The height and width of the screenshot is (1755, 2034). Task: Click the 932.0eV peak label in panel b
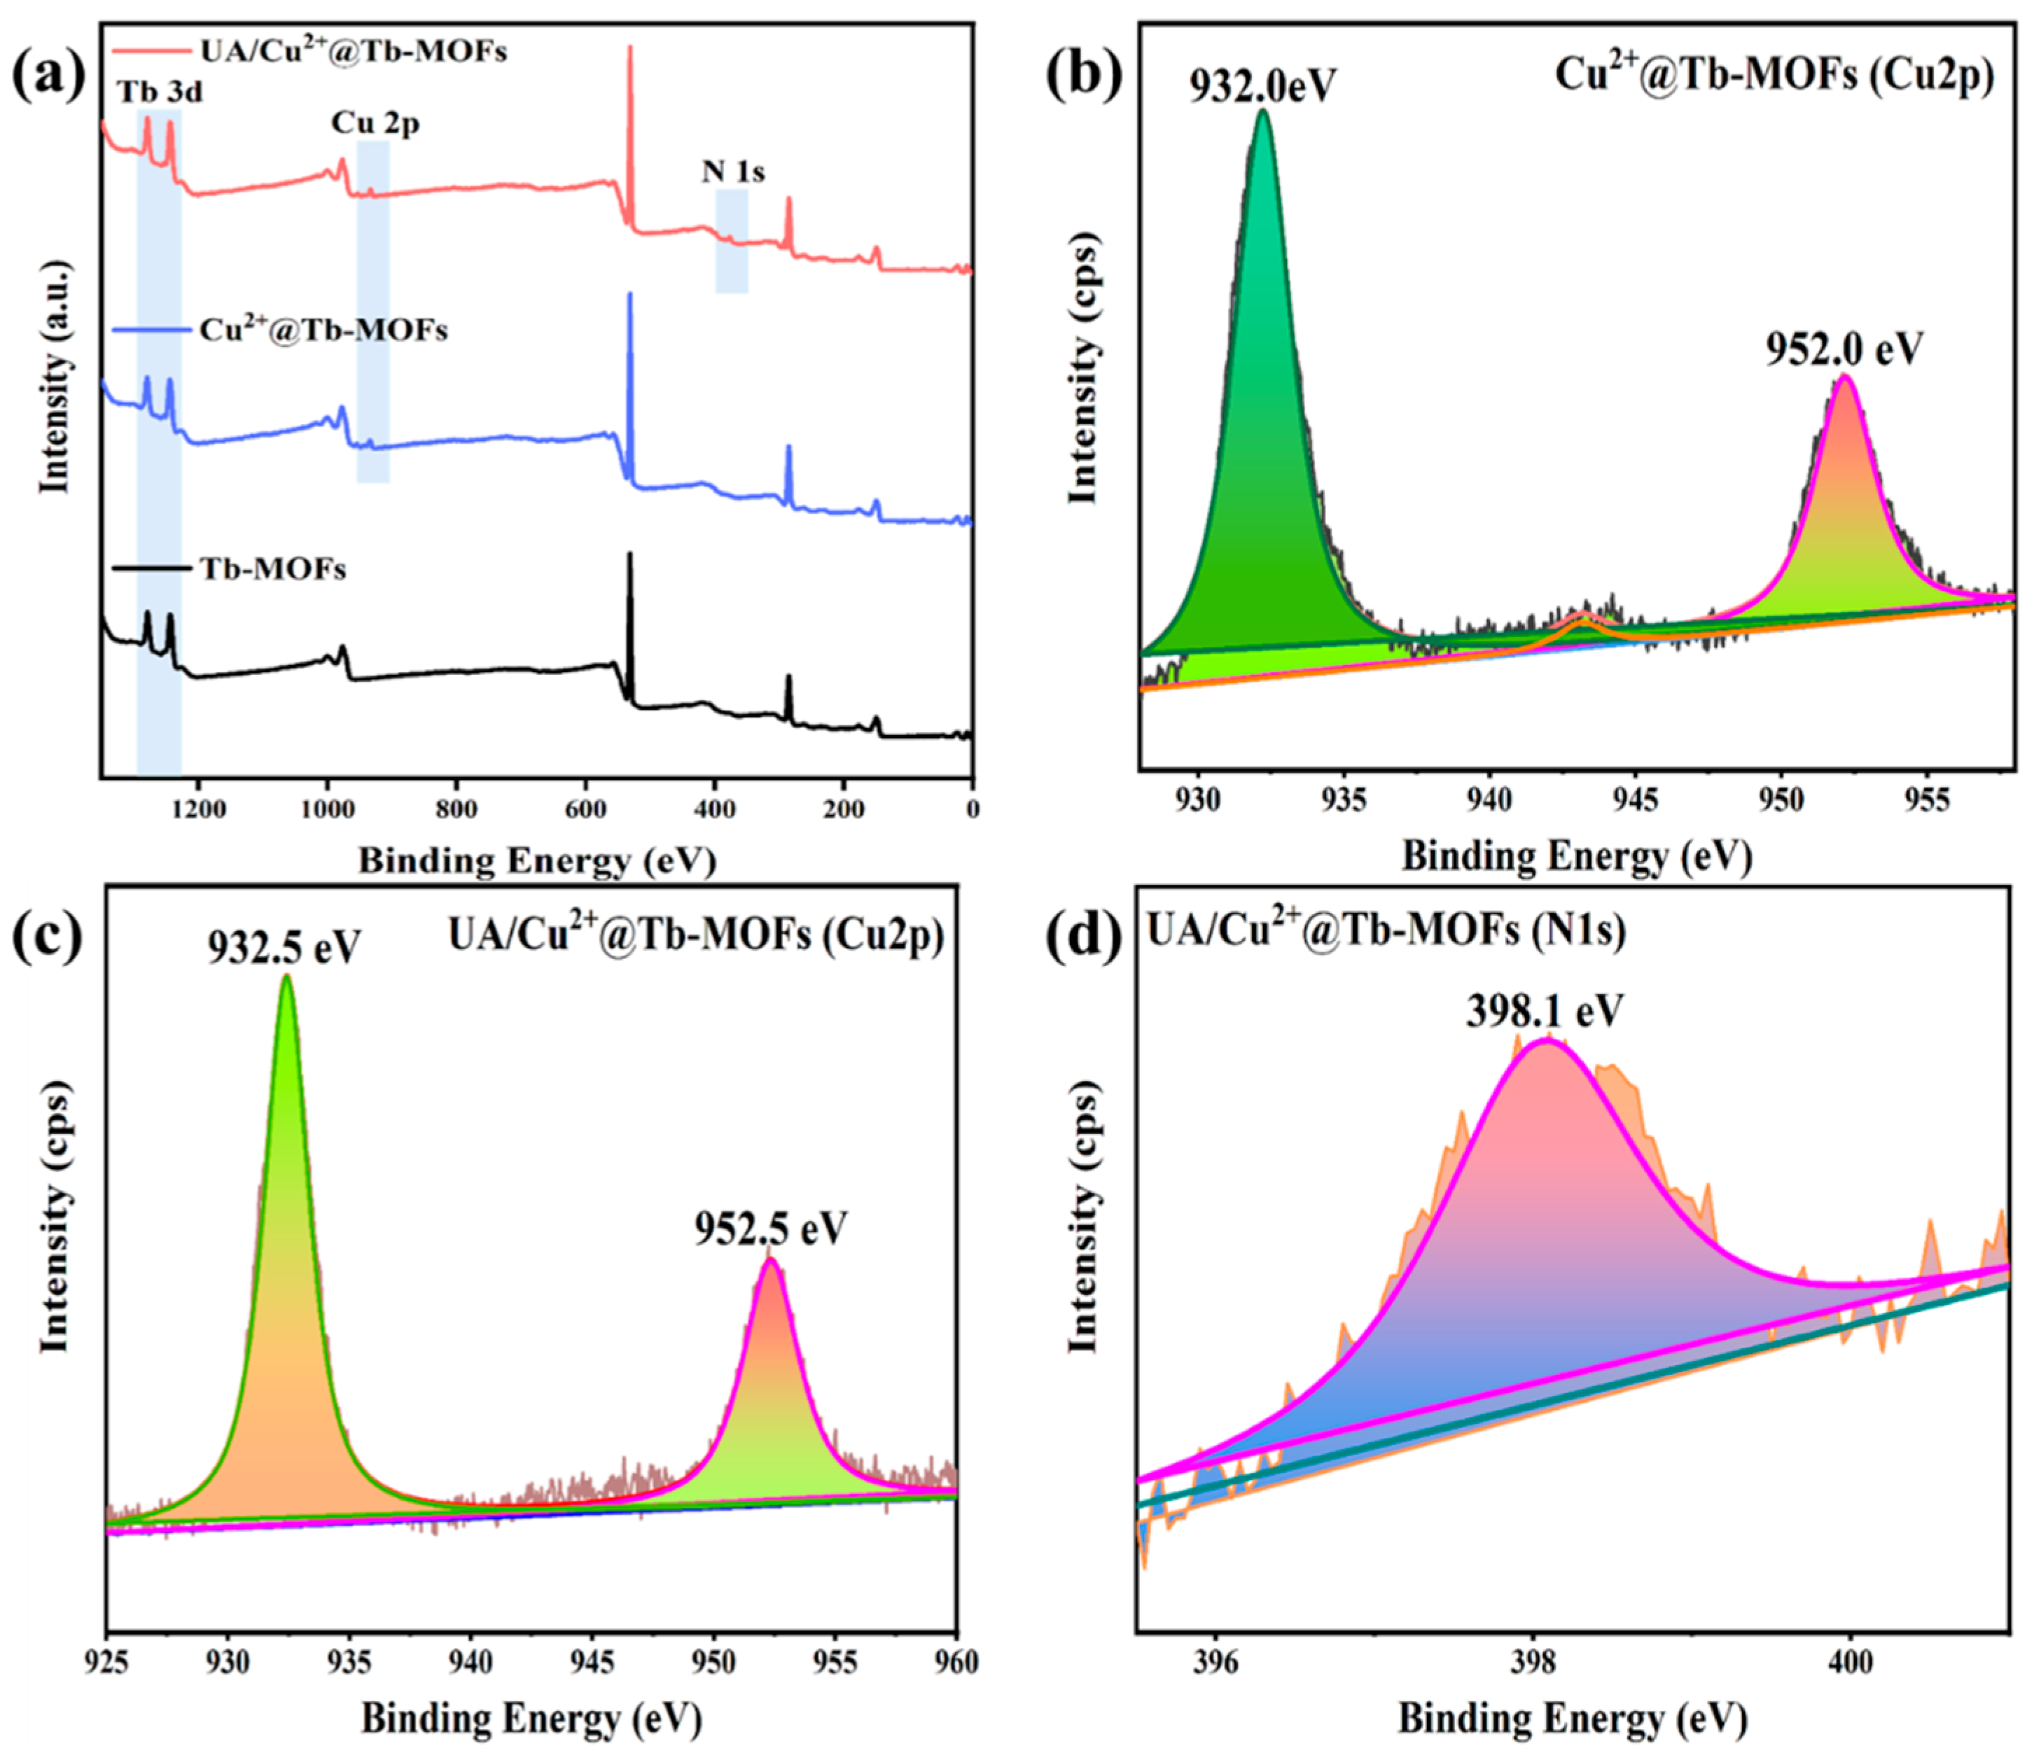click(x=1262, y=86)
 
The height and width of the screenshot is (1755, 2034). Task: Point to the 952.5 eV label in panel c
click(x=771, y=1228)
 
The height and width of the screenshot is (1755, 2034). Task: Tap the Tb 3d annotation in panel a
click(x=160, y=92)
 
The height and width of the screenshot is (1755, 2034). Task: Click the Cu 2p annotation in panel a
click(x=375, y=124)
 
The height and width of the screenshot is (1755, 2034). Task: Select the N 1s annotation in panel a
click(x=732, y=172)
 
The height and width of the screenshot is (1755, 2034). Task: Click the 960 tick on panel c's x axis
click(x=956, y=1662)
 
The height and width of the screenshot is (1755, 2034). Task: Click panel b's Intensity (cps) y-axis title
click(x=1082, y=368)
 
